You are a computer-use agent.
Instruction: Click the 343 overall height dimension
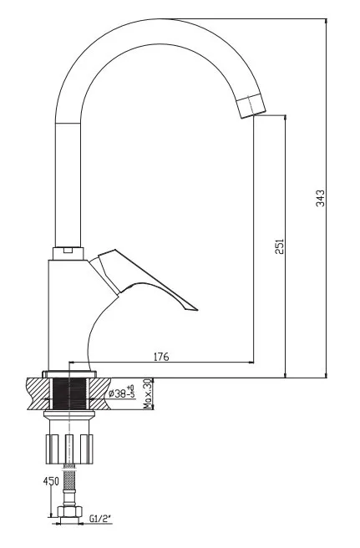tap(320, 198)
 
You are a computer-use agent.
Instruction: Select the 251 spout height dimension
tap(279, 246)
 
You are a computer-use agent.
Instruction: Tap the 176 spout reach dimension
tap(161, 357)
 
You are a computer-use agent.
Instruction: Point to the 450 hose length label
tap(51, 482)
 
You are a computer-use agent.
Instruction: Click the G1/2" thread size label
tap(100, 519)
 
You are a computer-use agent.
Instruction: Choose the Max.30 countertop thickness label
tap(148, 393)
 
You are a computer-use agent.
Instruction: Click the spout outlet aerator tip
tap(251, 106)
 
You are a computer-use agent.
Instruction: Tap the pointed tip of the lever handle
tap(197, 310)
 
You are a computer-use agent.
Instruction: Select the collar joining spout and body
tap(68, 253)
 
